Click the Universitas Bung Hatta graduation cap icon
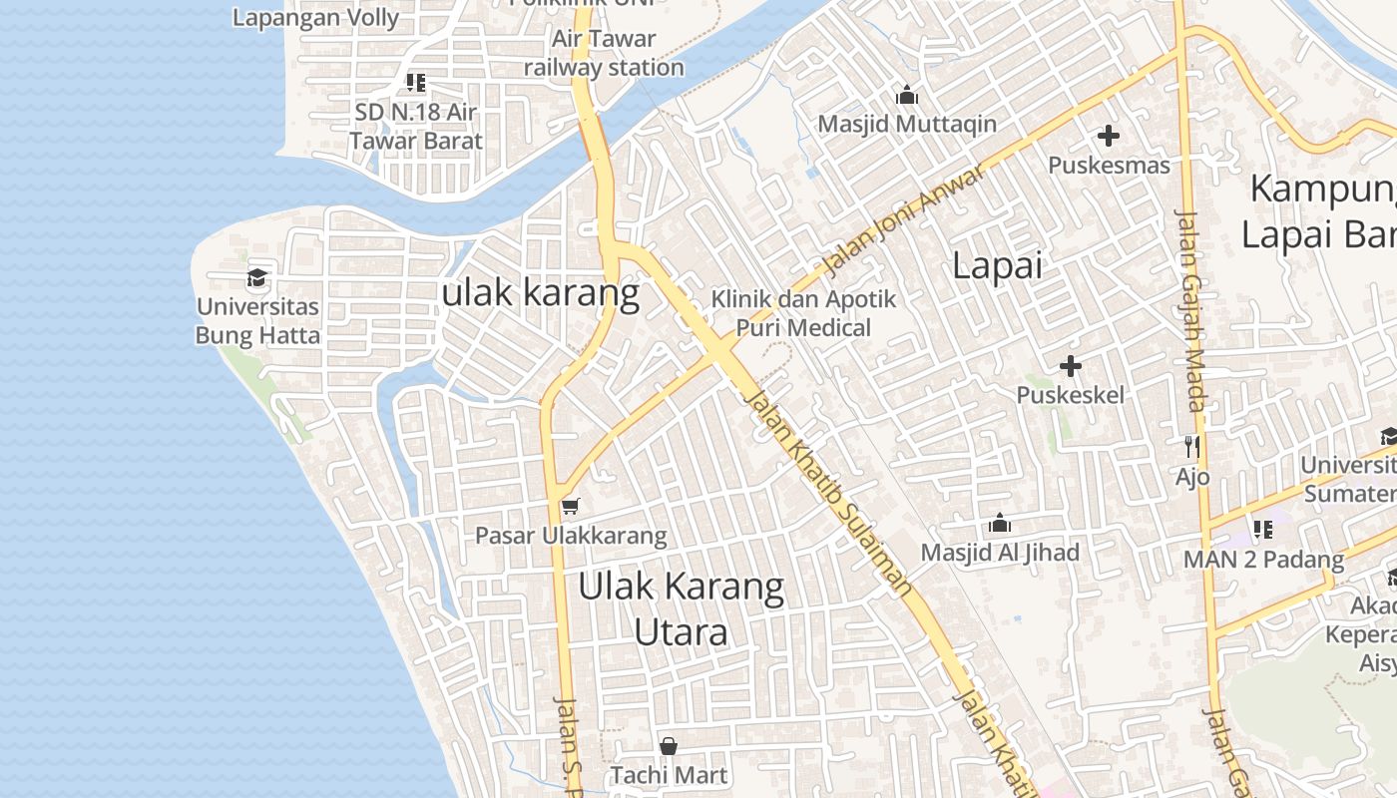click(x=257, y=277)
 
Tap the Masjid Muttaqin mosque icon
click(x=907, y=95)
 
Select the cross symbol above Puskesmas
click(x=1108, y=136)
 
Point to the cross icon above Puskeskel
click(x=1070, y=366)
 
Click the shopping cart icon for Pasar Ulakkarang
click(x=570, y=507)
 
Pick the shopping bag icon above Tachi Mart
click(x=669, y=745)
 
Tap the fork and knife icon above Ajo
click(x=1191, y=446)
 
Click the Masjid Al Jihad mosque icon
click(x=999, y=523)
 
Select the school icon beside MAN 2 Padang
click(x=1263, y=530)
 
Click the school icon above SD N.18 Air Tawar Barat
click(x=415, y=83)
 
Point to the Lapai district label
click(x=997, y=265)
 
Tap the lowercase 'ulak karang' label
click(x=540, y=292)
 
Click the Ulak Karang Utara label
click(x=682, y=608)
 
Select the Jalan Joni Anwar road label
click(x=905, y=219)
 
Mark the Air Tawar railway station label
click(x=604, y=53)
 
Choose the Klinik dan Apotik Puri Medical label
click(x=803, y=313)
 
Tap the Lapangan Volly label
click(x=315, y=17)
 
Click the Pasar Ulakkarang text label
click(x=571, y=536)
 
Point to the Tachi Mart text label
click(x=669, y=775)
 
